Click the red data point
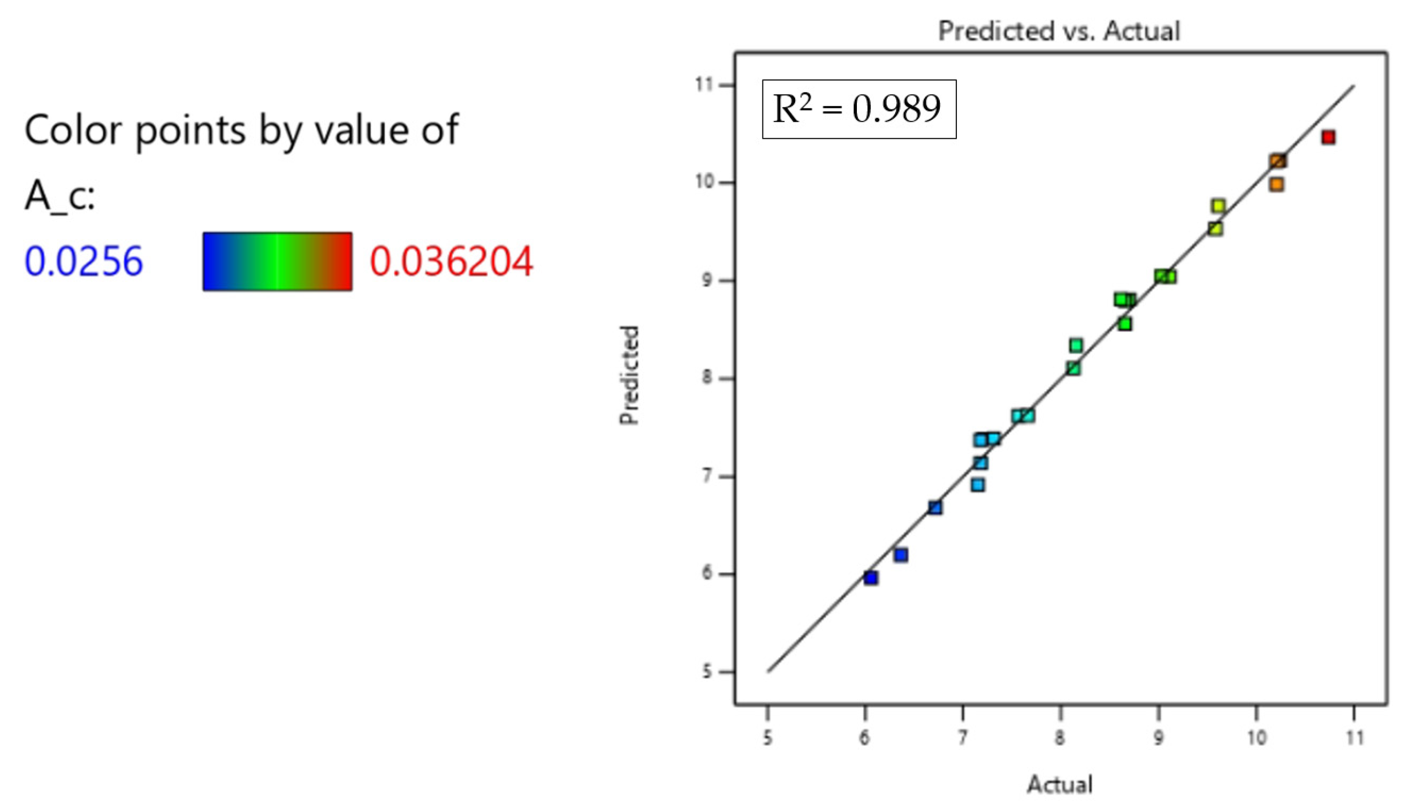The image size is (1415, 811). click(1328, 137)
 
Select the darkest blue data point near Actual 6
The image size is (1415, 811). click(871, 578)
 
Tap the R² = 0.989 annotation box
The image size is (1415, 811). click(859, 109)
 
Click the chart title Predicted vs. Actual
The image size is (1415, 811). click(1059, 31)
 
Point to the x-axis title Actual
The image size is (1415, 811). click(1059, 784)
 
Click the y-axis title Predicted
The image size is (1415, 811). click(629, 375)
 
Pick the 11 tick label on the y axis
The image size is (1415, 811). click(704, 85)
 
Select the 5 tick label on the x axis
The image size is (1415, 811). click(767, 738)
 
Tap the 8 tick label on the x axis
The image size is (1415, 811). click(1060, 738)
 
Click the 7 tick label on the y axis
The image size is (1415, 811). click(707, 476)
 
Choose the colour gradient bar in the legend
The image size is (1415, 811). click(277, 261)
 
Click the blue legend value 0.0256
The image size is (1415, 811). click(84, 261)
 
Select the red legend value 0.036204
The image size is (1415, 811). click(451, 261)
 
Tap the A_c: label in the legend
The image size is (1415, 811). click(60, 196)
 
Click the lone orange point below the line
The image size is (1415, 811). click(1276, 184)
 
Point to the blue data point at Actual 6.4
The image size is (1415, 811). click(901, 555)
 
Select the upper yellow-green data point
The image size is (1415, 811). click(1218, 206)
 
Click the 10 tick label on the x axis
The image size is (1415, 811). click(1256, 738)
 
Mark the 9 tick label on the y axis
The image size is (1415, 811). click(707, 280)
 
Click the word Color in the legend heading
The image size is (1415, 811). click(73, 130)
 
